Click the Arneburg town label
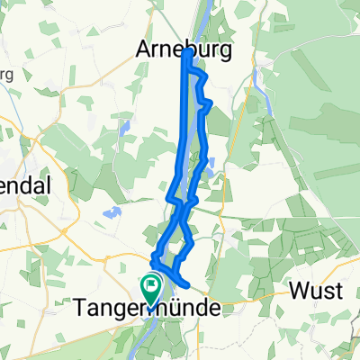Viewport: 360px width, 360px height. pos(187,50)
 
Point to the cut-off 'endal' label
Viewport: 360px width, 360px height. pos(23,182)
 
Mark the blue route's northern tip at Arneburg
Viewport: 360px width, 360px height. pos(186,53)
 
